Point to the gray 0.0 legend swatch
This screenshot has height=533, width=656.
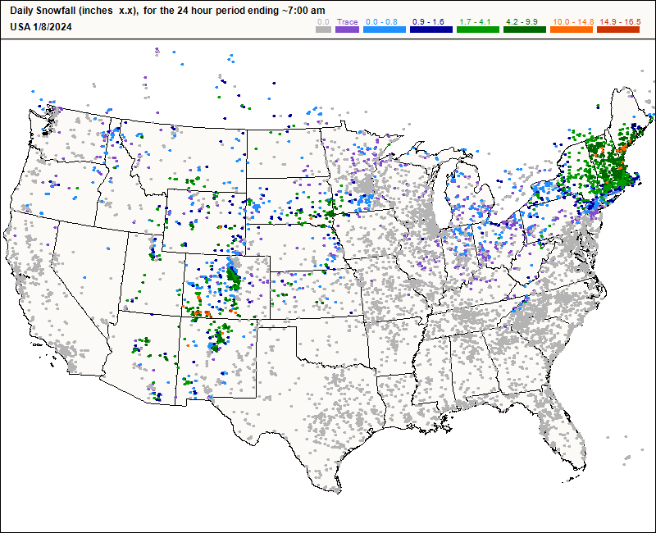(324, 30)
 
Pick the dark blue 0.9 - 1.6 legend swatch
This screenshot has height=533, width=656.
(431, 30)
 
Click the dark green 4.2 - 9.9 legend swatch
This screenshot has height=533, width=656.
(523, 30)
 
